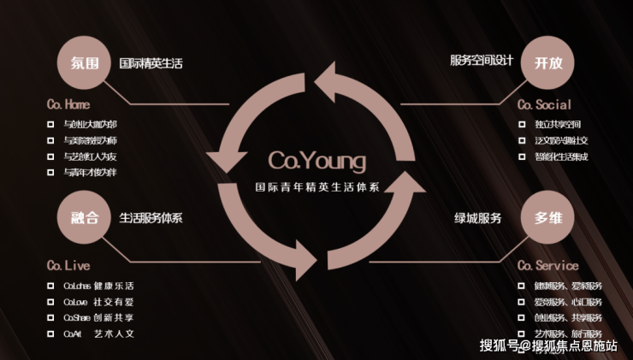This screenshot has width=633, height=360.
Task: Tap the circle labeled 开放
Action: (x=547, y=63)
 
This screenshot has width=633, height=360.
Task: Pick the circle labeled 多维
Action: (x=547, y=217)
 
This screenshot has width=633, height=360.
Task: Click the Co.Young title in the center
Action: (x=316, y=161)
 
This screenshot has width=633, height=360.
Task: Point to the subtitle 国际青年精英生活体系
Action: (x=317, y=186)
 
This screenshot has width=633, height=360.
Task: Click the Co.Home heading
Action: (x=68, y=105)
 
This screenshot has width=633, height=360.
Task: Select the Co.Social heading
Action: (x=544, y=105)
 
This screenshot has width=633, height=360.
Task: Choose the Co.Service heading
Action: (x=547, y=265)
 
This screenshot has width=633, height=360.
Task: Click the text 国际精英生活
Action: (x=151, y=63)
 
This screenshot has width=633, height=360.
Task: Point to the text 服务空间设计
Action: (x=482, y=60)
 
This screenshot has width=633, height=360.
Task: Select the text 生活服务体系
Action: (x=151, y=217)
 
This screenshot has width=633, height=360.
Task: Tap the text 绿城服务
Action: (x=477, y=217)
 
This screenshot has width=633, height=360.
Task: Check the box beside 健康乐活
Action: (x=51, y=286)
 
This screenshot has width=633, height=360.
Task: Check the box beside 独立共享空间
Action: (x=523, y=124)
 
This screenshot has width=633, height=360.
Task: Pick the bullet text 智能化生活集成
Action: (x=561, y=156)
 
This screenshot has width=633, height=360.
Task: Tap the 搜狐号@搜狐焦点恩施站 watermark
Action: (x=548, y=345)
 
